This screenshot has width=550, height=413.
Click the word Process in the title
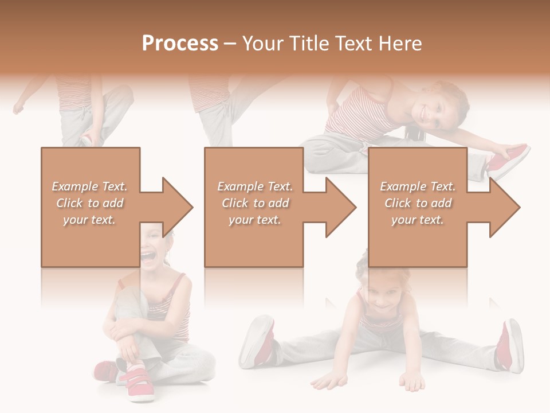pyautogui.click(x=180, y=44)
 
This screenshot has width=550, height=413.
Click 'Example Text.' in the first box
pyautogui.click(x=90, y=186)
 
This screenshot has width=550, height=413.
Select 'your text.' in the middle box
pyautogui.click(x=254, y=220)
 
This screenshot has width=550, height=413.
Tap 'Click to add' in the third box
pyautogui.click(x=418, y=203)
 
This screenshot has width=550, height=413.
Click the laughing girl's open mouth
pyautogui.click(x=148, y=255)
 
